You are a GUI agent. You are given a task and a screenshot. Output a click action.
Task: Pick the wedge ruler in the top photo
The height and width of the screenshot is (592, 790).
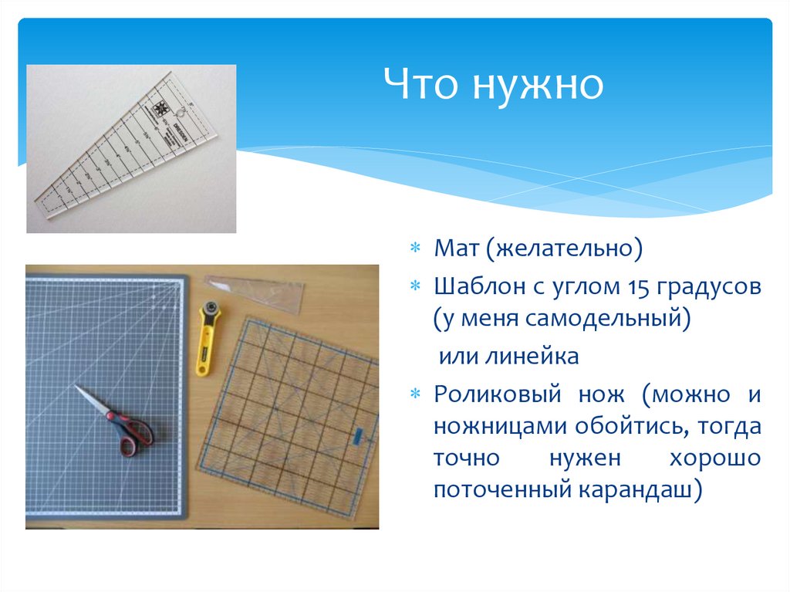point(123,151)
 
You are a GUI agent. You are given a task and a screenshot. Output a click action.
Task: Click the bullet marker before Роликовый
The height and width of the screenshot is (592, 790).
point(415,394)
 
